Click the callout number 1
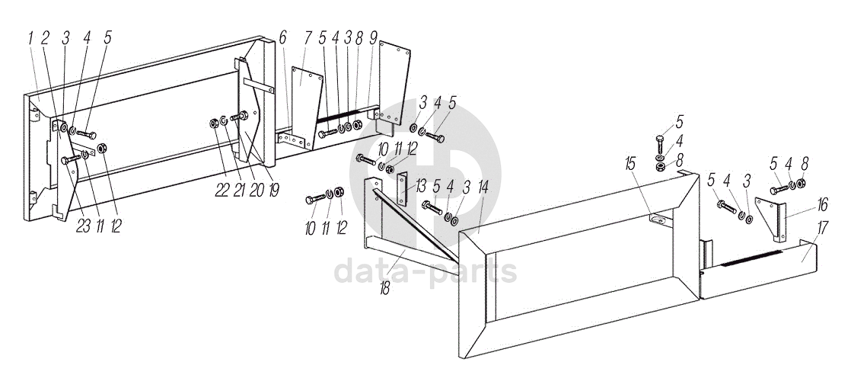pos(31,38)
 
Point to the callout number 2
pos(46,38)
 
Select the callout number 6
pos(282,38)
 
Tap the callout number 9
pos(374,38)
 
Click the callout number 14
pos(483,187)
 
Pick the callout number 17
pos(822,227)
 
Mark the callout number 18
pos(385,289)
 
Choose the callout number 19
pos(273,191)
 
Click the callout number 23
pos(83,227)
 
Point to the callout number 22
pos(222,191)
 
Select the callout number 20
pos(257,191)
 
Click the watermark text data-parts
pos(425,271)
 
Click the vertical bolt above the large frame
pos(660,143)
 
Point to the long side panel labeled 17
pos(758,268)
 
